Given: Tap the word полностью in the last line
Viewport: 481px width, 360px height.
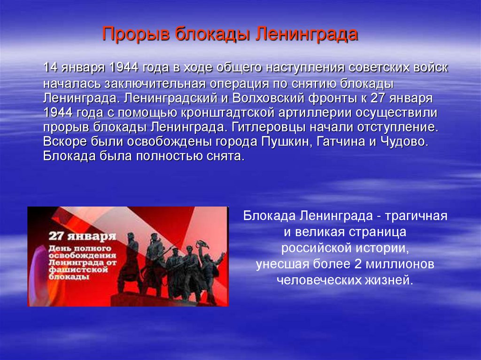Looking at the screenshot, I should pos(165,156).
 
